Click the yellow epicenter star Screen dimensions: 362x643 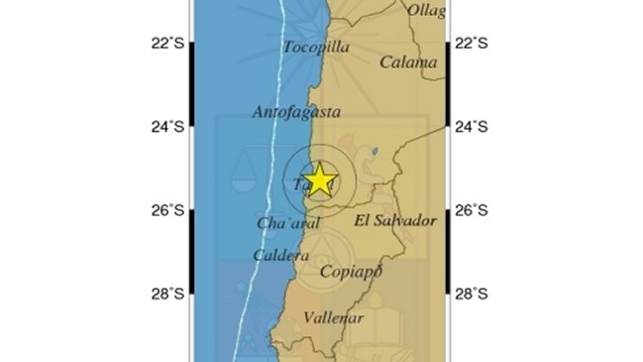click(x=319, y=180)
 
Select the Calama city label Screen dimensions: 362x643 click(x=408, y=62)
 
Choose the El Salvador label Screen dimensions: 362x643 click(x=395, y=221)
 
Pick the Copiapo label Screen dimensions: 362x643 click(x=352, y=272)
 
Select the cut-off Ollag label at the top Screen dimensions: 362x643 click(x=426, y=10)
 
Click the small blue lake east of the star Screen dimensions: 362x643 click(x=374, y=153)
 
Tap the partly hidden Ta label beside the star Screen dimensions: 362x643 click(x=300, y=184)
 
